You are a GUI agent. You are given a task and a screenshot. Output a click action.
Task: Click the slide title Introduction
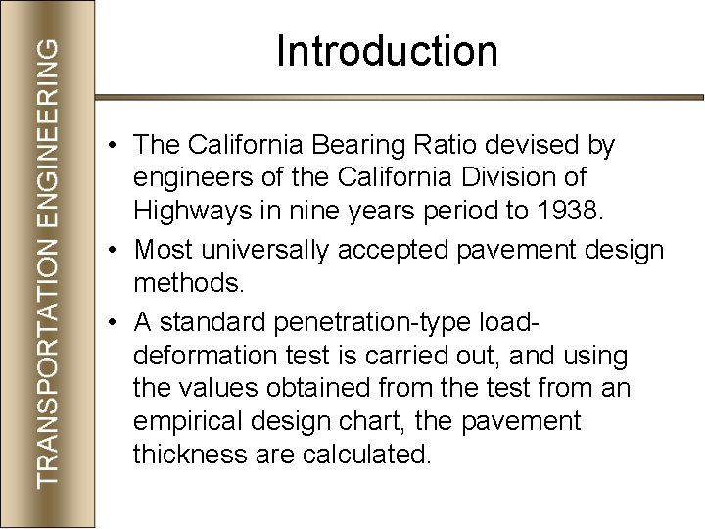point(387,51)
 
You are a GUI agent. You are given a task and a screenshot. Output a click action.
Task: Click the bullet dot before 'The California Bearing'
point(115,147)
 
